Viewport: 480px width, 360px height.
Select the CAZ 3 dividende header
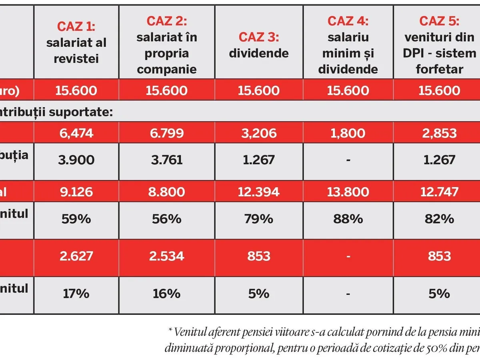point(259,45)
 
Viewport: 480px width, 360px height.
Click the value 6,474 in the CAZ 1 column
point(76,132)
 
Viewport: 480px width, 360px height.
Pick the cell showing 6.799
point(166,132)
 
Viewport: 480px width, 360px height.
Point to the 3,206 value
point(259,132)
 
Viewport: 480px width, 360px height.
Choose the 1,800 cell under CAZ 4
point(348,132)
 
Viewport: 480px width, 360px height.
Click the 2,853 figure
point(439,132)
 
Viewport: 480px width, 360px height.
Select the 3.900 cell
point(76,160)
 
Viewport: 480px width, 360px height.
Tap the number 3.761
point(166,160)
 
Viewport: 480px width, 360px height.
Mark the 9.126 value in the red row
point(76,192)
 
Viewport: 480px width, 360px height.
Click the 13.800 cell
point(348,192)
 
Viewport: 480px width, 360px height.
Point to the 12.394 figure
point(259,192)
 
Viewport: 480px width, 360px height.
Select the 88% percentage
point(348,219)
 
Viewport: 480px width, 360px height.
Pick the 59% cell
point(76,219)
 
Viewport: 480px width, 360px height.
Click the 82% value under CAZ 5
point(439,219)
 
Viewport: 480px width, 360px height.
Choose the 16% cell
point(166,294)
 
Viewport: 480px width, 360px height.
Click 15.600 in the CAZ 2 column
point(166,90)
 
